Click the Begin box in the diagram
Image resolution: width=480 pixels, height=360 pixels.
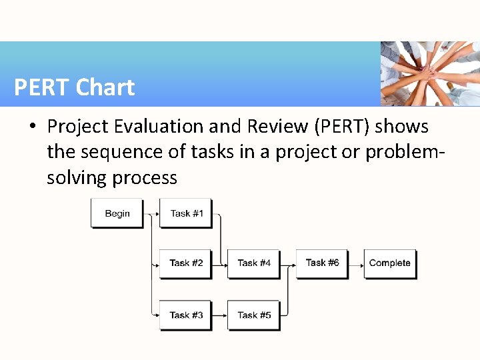[x=117, y=213]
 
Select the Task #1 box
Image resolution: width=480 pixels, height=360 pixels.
[x=186, y=213]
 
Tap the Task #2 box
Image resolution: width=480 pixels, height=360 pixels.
[x=186, y=263]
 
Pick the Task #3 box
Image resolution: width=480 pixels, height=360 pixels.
[x=186, y=315]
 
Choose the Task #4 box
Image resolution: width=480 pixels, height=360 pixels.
[x=253, y=263]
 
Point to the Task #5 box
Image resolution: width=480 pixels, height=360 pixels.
[x=253, y=315]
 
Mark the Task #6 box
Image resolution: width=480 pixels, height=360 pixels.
[x=322, y=263]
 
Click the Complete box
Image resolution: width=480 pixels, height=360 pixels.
[x=390, y=263]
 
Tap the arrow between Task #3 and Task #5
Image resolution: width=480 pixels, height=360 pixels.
[x=220, y=315]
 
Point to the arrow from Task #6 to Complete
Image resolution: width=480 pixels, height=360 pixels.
[x=356, y=263]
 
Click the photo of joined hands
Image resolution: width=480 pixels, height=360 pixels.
[x=430, y=73]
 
